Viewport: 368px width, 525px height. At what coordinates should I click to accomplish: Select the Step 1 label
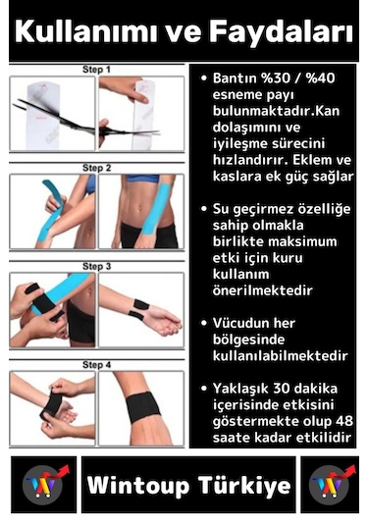(x=96, y=70)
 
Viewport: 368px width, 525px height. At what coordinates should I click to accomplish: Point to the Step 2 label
(x=96, y=168)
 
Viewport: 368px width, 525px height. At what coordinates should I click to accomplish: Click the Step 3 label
(x=96, y=266)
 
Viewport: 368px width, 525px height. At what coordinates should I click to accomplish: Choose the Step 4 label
(x=96, y=364)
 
